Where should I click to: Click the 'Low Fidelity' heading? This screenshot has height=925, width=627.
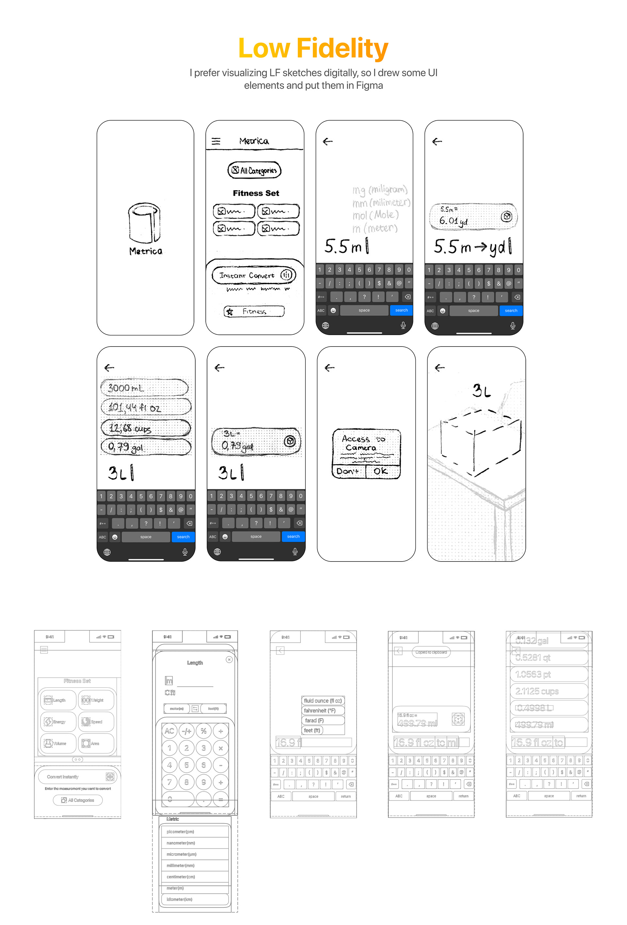313,48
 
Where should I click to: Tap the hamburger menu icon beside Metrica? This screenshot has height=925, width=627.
216,141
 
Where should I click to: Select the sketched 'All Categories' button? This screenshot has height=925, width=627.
254,170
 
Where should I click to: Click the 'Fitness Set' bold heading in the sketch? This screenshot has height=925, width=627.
256,193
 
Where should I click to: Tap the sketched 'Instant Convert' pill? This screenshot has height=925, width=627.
254,275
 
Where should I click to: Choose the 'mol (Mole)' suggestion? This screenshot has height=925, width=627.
375,215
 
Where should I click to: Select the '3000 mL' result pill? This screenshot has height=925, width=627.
144,388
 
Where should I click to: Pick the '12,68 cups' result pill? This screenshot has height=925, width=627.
145,428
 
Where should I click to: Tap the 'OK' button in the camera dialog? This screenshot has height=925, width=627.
380,471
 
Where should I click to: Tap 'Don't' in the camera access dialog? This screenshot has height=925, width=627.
348,471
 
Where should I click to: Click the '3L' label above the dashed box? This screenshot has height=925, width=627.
481,391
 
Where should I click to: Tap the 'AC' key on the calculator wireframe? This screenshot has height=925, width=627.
169,731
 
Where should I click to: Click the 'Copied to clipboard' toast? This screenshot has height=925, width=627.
431,652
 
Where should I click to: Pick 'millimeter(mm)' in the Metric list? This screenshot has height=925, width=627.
194,865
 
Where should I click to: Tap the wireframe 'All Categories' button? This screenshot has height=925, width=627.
78,800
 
